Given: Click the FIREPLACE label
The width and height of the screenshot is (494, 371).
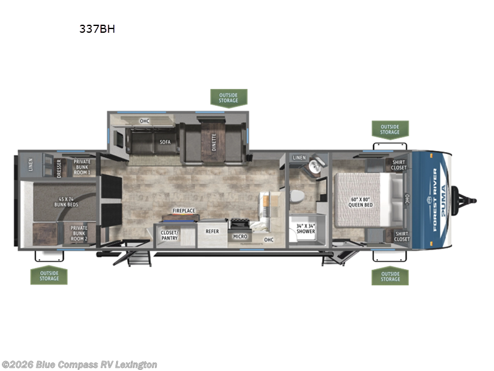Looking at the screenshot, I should click(x=183, y=211).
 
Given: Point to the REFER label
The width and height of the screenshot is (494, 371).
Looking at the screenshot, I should click(x=212, y=231).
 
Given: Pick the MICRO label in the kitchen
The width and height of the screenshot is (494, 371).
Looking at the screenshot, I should click(x=240, y=237).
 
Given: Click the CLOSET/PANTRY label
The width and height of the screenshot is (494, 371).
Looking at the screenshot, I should click(x=169, y=235).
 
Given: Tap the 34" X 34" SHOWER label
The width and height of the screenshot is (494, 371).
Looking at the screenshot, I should click(x=305, y=229).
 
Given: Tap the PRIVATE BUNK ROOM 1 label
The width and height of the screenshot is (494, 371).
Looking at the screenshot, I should click(x=82, y=166).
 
